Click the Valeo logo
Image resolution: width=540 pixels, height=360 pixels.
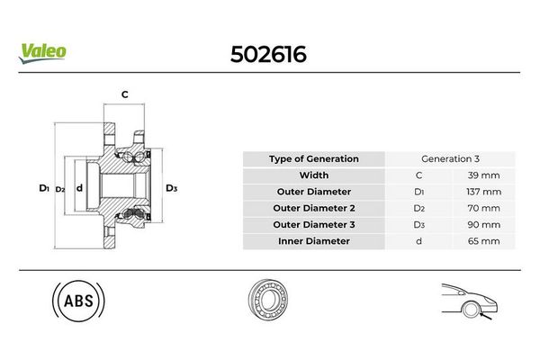tap(42, 53)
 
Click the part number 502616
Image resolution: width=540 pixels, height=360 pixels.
tap(268, 54)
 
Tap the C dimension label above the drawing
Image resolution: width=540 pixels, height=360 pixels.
tap(125, 94)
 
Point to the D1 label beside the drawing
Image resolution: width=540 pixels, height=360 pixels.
tap(44, 188)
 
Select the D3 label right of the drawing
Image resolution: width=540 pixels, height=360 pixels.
tap(171, 188)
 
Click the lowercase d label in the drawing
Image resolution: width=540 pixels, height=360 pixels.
tap(79, 188)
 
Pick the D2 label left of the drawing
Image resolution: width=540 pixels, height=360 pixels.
tap(60, 189)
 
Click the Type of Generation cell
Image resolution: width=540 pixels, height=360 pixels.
tap(314, 158)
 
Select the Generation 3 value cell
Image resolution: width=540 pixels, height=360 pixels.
tap(450, 158)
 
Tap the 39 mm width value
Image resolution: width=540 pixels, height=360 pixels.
tap(483, 175)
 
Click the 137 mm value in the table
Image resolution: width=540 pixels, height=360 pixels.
tap(483, 192)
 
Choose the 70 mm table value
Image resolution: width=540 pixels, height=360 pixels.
tap(483, 208)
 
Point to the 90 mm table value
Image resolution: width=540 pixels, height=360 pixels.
tap(483, 225)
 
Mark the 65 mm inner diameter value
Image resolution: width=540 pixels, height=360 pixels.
tap(483, 241)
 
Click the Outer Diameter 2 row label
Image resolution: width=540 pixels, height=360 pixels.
tap(314, 208)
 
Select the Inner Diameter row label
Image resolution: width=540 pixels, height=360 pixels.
tap(314, 241)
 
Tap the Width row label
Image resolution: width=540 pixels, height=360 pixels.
tap(314, 175)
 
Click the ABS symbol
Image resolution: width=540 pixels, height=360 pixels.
tap(78, 301)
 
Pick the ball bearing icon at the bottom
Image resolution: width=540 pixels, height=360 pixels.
tap(268, 299)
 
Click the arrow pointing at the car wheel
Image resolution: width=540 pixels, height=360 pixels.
tap(486, 315)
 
